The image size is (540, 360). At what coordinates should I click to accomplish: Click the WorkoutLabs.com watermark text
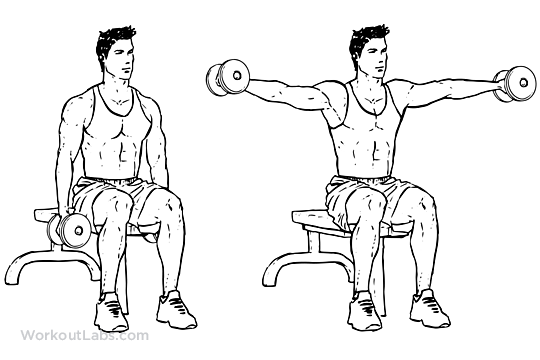pos(85,335)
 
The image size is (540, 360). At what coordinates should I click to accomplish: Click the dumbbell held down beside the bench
pos(69,230)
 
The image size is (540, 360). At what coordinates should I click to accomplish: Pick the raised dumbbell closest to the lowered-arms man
pos(228,79)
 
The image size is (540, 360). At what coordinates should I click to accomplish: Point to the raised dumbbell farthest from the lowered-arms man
pos(515,84)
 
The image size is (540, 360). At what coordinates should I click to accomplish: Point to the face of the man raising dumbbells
pos(374,60)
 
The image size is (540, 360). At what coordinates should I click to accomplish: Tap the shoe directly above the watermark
pos(111,312)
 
